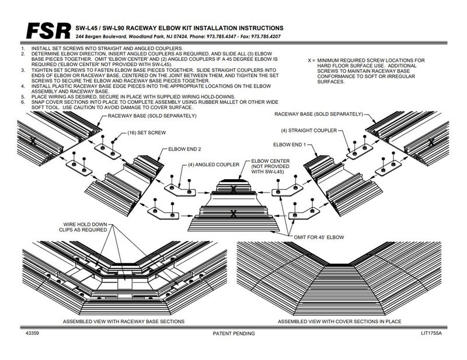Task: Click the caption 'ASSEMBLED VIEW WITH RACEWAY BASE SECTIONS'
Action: [123, 321]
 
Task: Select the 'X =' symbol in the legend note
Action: [313, 61]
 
